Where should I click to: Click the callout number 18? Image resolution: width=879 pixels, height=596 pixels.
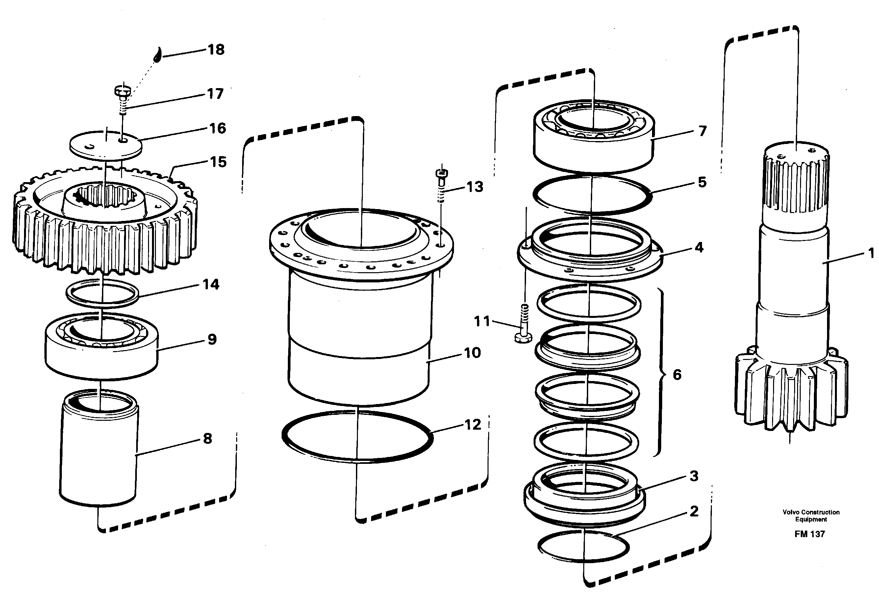tap(216, 50)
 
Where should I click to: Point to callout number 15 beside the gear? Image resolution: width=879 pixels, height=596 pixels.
tap(218, 162)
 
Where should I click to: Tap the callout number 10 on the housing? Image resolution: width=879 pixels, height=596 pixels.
tap(472, 353)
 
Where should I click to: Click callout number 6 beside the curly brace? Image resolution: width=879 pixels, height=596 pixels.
tap(677, 374)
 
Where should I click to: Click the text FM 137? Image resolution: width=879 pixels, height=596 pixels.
tap(809, 534)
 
